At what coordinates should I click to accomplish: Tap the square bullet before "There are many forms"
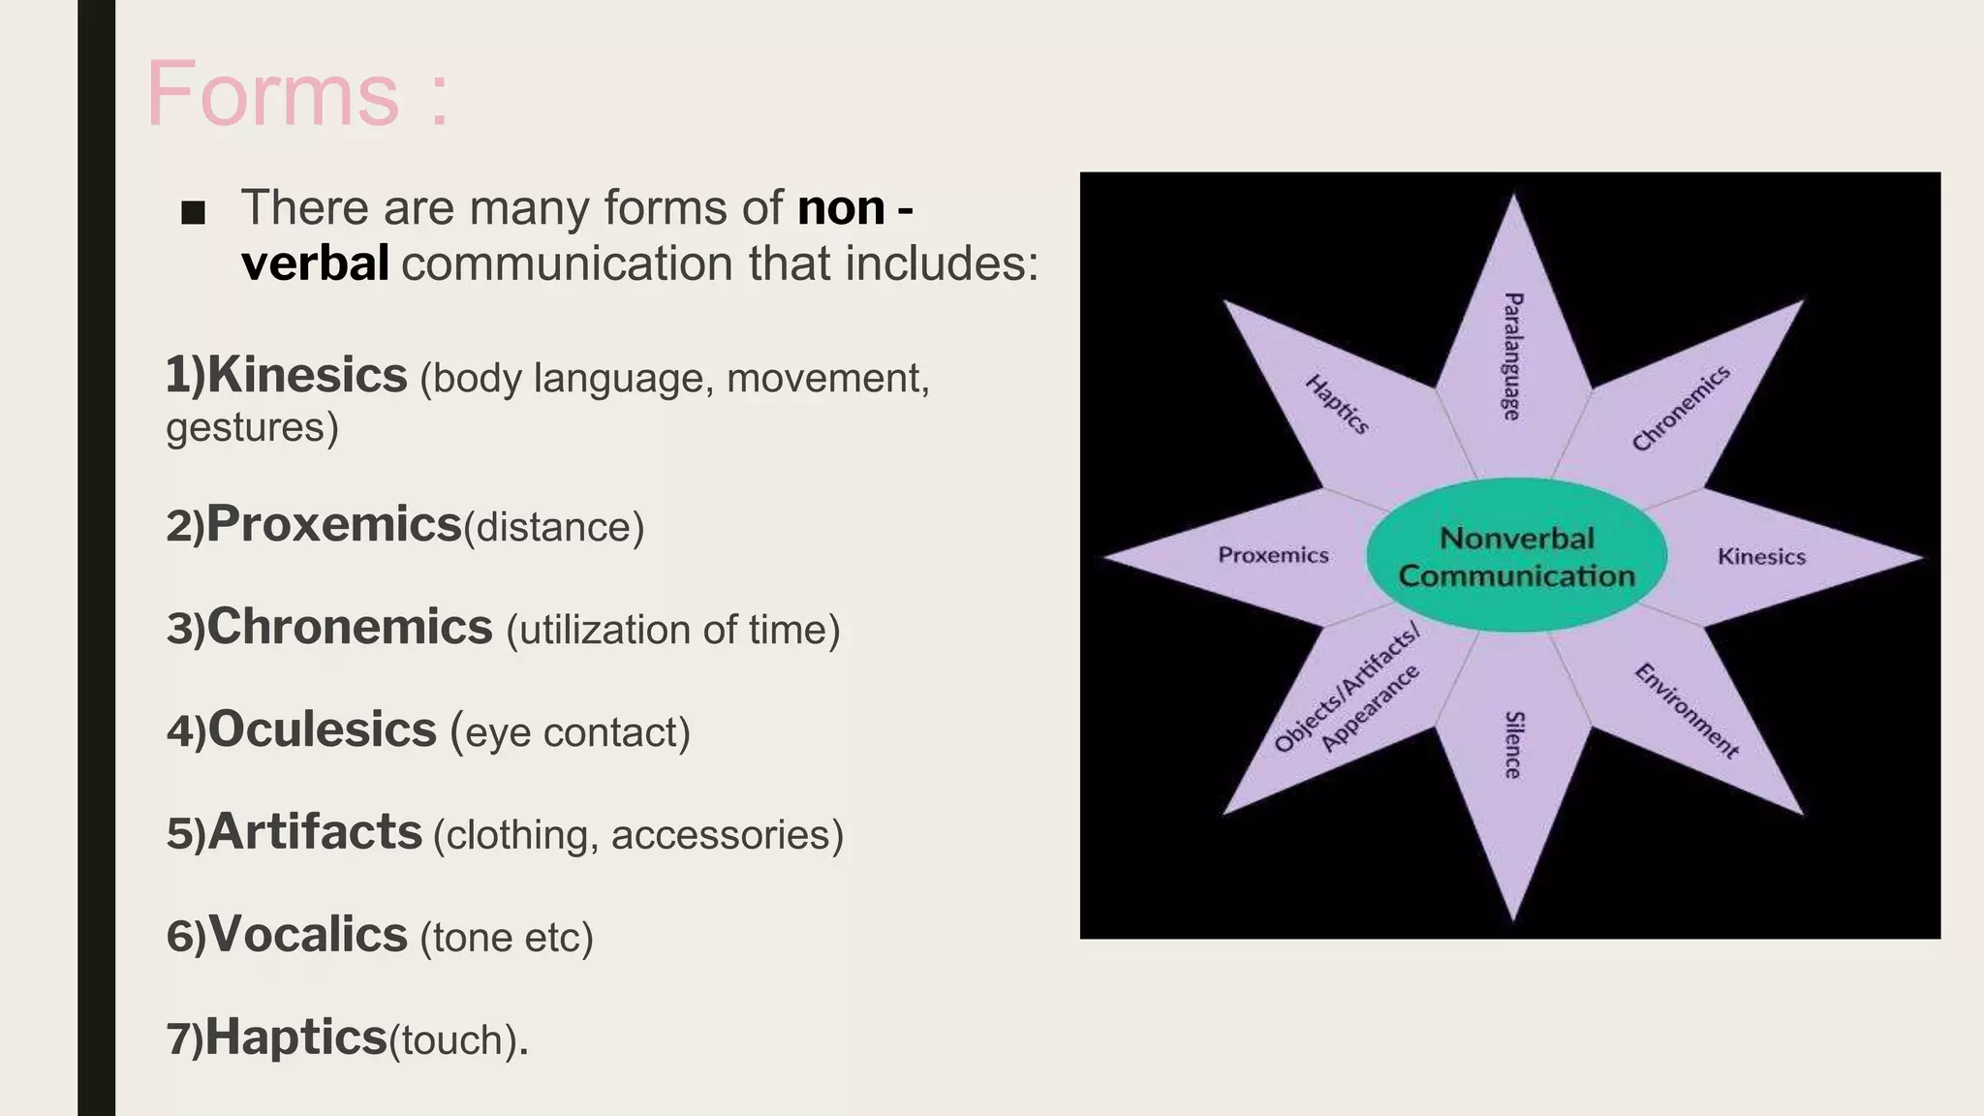click(193, 213)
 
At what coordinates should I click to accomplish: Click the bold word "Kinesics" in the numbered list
click(307, 376)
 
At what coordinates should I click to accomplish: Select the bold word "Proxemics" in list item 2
click(334, 525)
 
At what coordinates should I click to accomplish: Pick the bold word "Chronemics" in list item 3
click(350, 627)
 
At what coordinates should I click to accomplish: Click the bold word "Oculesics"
click(323, 729)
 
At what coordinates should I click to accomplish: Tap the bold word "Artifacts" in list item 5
click(315, 832)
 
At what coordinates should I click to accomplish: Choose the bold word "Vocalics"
click(308, 935)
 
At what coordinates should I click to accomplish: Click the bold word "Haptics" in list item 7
click(295, 1038)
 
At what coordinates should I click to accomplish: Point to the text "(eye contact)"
click(571, 733)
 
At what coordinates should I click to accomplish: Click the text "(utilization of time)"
click(672, 631)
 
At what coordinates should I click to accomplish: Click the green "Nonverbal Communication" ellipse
click(1516, 556)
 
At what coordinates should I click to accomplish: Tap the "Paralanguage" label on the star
click(1512, 356)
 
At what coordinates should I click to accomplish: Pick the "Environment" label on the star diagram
click(1687, 710)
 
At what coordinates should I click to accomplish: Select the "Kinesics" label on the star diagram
click(1761, 557)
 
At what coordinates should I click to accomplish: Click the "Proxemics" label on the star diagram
click(1273, 555)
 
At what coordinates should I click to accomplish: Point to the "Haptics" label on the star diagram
click(1337, 404)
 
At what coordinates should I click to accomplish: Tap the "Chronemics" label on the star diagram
click(1681, 409)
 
